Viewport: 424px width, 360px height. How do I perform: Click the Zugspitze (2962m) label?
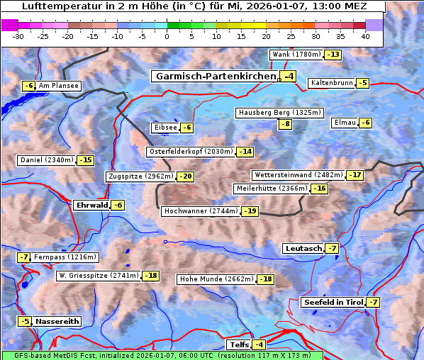coord(140,176)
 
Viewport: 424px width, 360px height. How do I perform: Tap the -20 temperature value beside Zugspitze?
coord(186,176)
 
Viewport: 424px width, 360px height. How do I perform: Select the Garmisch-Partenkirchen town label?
coord(215,76)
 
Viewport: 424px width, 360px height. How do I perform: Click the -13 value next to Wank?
coord(333,55)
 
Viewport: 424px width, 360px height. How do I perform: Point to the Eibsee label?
coord(165,128)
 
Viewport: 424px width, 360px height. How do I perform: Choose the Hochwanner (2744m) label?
coord(201,211)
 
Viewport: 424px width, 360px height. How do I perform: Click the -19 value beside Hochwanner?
coord(250,211)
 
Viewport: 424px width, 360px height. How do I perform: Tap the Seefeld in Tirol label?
coord(333,303)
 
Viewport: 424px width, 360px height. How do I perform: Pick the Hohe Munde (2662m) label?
coord(216,279)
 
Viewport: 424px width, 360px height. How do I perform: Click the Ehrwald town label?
coord(91,205)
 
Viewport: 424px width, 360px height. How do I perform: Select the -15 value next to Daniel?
coord(85,160)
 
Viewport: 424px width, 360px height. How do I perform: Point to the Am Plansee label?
coord(58,86)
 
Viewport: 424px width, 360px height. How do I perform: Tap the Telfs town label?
coord(238,345)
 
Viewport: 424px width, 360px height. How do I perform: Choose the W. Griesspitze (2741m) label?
coord(99,276)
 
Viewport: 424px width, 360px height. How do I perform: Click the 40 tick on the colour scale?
coord(365,36)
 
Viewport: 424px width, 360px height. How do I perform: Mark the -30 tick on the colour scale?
coord(18,36)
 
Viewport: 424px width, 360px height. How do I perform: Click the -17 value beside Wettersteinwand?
coord(355,175)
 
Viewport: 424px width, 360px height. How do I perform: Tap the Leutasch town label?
coord(303,248)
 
